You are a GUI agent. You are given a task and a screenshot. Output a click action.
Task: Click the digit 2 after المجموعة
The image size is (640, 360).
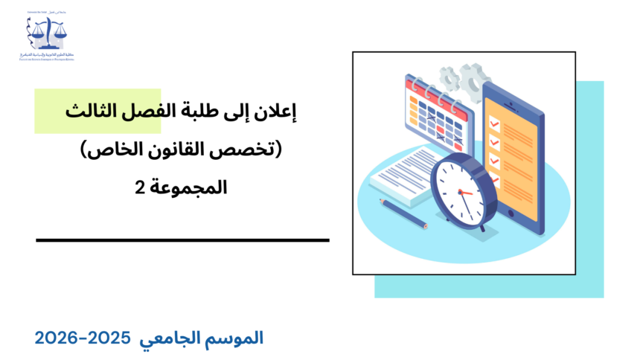pyautogui.click(x=138, y=187)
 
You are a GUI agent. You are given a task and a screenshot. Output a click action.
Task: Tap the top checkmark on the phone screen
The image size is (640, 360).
pyautogui.click(x=494, y=122)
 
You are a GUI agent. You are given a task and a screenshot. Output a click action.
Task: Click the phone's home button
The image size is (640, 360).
pyautogui.click(x=512, y=212)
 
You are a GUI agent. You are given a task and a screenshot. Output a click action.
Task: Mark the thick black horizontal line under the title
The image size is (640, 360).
pyautogui.click(x=182, y=240)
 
